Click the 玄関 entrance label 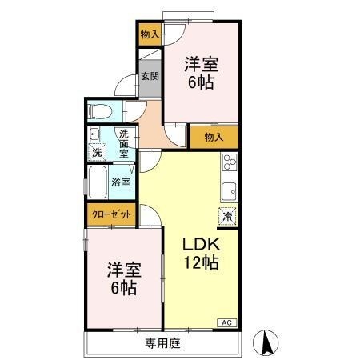(x=150, y=77)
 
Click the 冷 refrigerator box (x=227, y=215)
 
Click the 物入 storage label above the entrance (x=149, y=34)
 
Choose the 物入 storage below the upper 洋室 (x=213, y=137)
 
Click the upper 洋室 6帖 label (x=200, y=71)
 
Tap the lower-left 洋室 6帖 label (x=122, y=278)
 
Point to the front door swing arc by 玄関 (x=125, y=86)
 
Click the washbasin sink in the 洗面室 (x=94, y=134)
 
